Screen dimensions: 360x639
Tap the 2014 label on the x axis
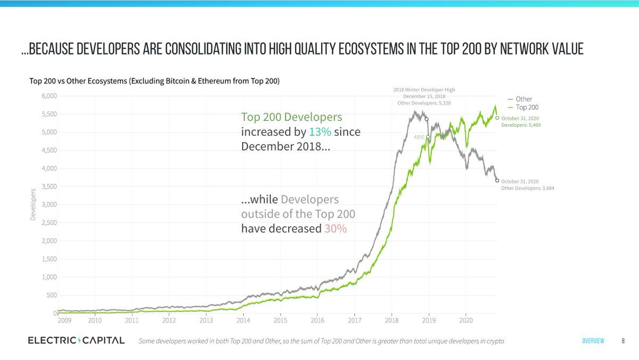click(x=243, y=321)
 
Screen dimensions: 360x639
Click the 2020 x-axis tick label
click(x=466, y=321)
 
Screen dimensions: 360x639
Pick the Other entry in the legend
click(x=523, y=99)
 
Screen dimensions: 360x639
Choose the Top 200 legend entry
click(x=527, y=108)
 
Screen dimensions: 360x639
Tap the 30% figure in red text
click(x=335, y=229)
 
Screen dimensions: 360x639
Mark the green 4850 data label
click(x=419, y=137)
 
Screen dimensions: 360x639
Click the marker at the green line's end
click(x=497, y=118)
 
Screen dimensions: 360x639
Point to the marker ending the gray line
click(x=497, y=181)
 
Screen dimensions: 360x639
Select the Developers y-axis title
click(x=33, y=204)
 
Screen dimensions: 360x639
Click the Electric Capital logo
click(x=76, y=340)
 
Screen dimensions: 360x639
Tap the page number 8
click(x=623, y=341)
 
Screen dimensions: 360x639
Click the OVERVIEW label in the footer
click(x=593, y=341)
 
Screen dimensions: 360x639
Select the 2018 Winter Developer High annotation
click(x=424, y=89)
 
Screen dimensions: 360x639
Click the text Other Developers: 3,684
click(x=528, y=188)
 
